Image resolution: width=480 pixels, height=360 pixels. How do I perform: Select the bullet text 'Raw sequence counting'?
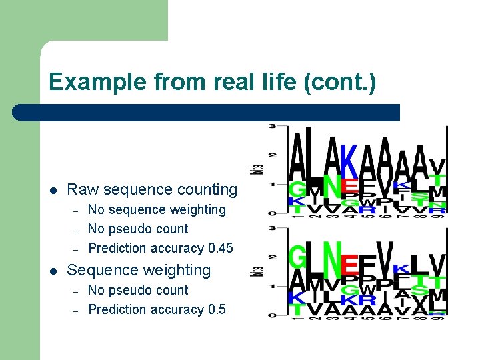pyautogui.click(x=152, y=189)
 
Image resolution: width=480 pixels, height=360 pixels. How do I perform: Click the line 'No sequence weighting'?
pyautogui.click(x=157, y=209)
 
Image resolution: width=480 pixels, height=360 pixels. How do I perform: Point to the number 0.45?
pyautogui.click(x=220, y=248)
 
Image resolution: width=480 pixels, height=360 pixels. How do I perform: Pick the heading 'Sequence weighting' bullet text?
pyautogui.click(x=139, y=270)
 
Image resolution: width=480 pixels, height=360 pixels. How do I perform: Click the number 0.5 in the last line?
pyautogui.click(x=217, y=309)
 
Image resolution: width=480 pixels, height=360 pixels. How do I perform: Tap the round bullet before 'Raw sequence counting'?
pyautogui.click(x=53, y=190)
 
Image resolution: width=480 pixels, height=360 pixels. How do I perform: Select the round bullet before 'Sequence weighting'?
pyautogui.click(x=53, y=271)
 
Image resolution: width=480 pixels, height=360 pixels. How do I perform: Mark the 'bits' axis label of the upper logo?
pyautogui.click(x=257, y=169)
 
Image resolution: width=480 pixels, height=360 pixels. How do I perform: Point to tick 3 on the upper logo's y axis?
pyautogui.click(x=273, y=126)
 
